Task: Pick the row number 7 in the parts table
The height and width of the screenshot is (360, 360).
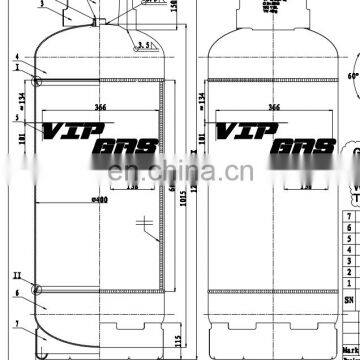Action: click(x=349, y=214)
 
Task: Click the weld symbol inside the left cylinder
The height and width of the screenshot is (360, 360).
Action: click(x=147, y=224)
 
